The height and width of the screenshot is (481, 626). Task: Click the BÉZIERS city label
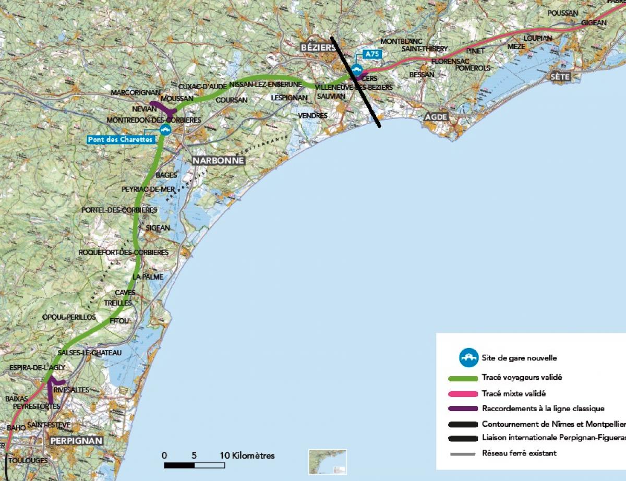(317, 47)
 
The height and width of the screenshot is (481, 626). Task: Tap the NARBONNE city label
(218, 161)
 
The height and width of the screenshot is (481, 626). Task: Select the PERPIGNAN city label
(77, 441)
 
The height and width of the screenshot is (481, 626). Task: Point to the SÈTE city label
(560, 77)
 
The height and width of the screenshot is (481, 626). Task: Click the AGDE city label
(436, 117)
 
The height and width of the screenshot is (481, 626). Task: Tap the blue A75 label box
(371, 54)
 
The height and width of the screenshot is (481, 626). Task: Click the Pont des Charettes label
(121, 139)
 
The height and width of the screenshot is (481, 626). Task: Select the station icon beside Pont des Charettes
(165, 129)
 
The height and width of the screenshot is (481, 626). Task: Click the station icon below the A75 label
(357, 69)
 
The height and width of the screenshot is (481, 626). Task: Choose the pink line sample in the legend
(463, 394)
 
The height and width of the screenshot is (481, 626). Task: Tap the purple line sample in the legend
(463, 409)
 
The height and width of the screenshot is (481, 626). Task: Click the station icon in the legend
(468, 358)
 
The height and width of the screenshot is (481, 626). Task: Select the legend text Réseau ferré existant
(519, 453)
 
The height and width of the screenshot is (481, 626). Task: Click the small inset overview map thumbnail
(327, 462)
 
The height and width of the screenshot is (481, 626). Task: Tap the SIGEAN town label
(158, 228)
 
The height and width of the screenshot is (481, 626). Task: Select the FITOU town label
(119, 320)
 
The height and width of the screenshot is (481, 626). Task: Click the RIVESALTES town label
(71, 390)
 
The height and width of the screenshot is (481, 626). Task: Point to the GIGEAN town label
(593, 23)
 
